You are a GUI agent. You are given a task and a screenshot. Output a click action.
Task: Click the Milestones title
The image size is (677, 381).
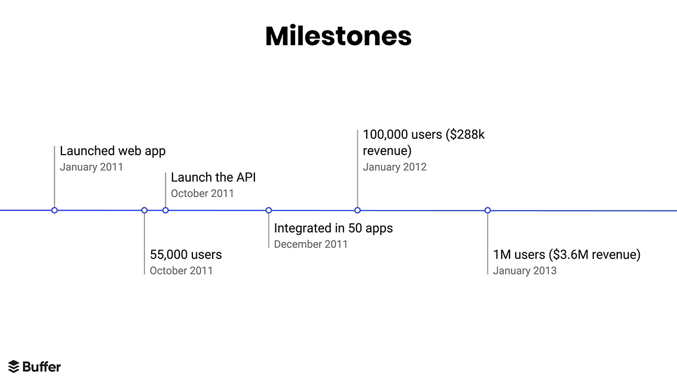[x=338, y=36]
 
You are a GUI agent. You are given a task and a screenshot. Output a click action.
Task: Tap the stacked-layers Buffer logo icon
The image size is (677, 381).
[x=14, y=366]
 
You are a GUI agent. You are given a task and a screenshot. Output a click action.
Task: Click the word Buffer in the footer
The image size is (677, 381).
[x=42, y=366]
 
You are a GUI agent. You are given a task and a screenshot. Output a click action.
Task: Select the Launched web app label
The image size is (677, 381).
[x=113, y=151]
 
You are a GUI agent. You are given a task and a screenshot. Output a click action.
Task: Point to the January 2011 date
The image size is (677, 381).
[x=91, y=167]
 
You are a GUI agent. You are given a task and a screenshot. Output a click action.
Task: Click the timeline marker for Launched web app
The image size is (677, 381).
[x=54, y=210]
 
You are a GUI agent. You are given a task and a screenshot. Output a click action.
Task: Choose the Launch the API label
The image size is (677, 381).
[x=213, y=177]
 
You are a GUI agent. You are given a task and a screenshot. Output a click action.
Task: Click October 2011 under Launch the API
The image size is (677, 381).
[x=202, y=193]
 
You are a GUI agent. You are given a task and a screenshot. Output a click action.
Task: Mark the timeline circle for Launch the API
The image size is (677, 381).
[x=165, y=210]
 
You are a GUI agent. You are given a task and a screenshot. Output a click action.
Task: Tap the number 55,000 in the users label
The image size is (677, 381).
[x=168, y=255]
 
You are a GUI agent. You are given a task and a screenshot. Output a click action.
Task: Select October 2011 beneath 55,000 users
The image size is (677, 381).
[x=181, y=270]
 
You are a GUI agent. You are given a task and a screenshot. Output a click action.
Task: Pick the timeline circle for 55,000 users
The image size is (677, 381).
[x=144, y=210]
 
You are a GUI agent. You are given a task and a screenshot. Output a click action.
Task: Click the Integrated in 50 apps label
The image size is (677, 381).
[x=333, y=228]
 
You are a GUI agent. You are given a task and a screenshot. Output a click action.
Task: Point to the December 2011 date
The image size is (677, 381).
[x=311, y=244]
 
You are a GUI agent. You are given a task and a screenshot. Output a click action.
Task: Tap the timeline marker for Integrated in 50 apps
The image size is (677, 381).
[x=269, y=210]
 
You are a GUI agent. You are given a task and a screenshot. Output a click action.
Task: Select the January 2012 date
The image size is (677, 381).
[x=394, y=167]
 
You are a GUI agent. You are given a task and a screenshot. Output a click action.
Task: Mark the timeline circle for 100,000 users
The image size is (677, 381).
[x=357, y=210]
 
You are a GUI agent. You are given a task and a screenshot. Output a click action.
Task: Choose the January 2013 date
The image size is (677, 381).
[x=525, y=270]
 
